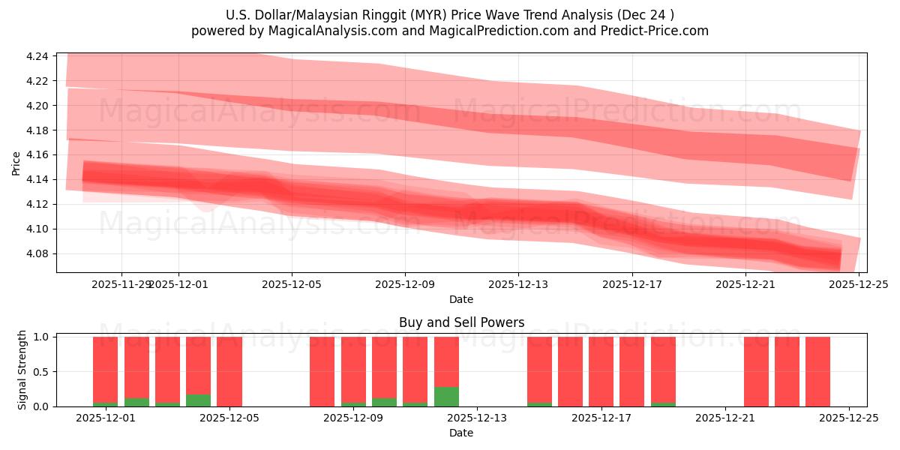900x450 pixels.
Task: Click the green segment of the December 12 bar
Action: (446, 397)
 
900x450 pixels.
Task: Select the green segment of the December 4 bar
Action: (198, 400)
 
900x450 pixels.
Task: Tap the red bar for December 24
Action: (817, 371)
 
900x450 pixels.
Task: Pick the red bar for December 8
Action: (322, 371)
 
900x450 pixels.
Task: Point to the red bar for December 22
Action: (756, 371)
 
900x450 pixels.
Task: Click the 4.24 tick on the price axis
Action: (37, 56)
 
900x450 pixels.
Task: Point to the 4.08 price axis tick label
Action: (37, 253)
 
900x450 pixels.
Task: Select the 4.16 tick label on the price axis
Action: (37, 154)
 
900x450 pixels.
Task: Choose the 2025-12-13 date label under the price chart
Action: (518, 285)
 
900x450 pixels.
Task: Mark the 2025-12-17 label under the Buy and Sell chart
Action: (601, 418)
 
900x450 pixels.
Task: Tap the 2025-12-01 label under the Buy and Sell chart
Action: (106, 418)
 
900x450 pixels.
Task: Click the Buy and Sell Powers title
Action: (461, 323)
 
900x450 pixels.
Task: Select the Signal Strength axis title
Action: (22, 370)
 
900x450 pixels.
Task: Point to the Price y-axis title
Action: (16, 163)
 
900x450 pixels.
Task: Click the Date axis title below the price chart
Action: (461, 299)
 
